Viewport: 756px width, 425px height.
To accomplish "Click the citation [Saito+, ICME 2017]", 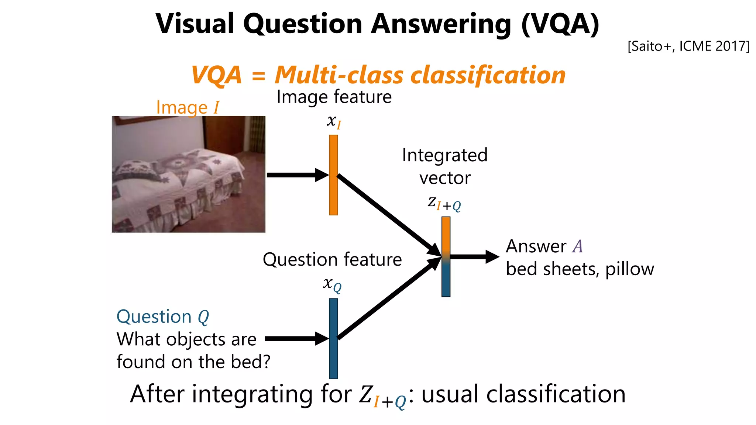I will click(x=688, y=46).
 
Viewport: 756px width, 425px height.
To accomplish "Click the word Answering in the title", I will click(x=441, y=24).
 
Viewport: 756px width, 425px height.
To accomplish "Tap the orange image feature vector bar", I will click(x=333, y=175).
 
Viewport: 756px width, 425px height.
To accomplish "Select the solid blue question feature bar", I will click(x=333, y=338).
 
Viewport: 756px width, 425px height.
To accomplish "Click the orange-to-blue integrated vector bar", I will click(x=446, y=257).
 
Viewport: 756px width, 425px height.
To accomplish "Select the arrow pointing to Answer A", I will click(x=474, y=257).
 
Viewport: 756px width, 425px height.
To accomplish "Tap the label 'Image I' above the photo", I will click(x=187, y=108).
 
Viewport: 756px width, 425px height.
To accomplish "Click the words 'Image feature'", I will click(x=334, y=97).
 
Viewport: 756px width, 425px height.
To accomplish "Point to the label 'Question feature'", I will click(x=332, y=260).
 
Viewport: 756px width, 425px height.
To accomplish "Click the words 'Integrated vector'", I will click(x=445, y=166).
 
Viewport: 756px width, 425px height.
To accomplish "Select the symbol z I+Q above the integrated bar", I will click(x=444, y=203).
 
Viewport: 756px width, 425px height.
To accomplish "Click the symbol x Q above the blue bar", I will click(x=332, y=284).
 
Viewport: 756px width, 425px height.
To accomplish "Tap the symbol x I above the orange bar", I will click(x=334, y=121).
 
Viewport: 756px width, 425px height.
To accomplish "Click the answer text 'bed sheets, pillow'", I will click(x=580, y=269).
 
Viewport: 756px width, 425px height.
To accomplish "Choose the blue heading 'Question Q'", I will click(x=162, y=317).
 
